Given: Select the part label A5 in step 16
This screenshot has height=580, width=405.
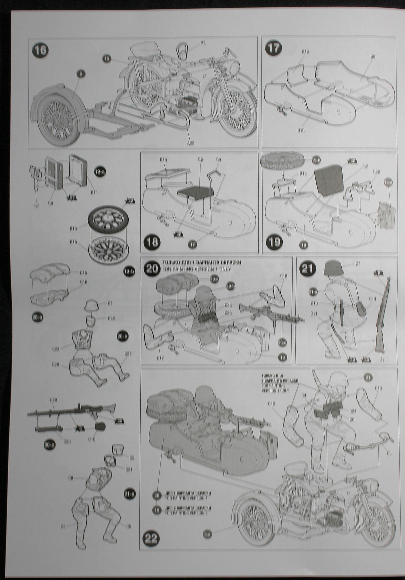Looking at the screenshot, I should [203, 43].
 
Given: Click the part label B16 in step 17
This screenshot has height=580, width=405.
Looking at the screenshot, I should [305, 52].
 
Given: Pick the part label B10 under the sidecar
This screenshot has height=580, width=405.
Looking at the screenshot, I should [300, 130].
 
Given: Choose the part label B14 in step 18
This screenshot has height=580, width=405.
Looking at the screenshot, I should [164, 159].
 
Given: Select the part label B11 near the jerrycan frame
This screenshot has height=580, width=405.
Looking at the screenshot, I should [94, 193].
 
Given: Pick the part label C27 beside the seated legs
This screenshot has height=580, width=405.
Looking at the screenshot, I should [128, 354].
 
